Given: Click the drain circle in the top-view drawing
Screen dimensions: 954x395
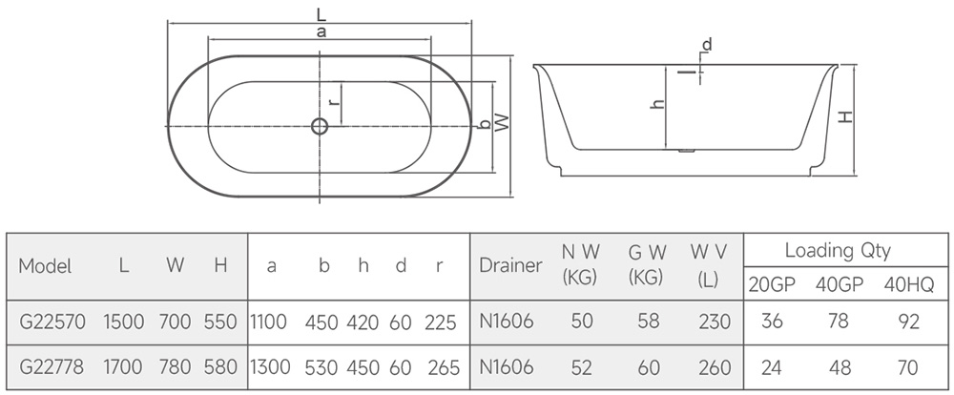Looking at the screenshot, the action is (320, 126).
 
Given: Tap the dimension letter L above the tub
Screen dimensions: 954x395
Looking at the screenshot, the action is (321, 14).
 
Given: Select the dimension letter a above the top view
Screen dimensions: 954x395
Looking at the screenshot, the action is (321, 32).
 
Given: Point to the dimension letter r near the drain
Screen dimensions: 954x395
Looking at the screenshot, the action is (332, 103).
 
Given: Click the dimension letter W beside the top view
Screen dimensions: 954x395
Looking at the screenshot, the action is (502, 122).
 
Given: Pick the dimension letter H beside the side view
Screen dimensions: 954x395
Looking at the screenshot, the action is (845, 116).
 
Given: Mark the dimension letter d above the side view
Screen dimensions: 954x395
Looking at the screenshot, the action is (706, 45).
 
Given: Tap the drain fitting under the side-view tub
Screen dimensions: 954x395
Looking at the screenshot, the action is (686, 151).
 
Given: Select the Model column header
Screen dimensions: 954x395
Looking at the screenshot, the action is (45, 266).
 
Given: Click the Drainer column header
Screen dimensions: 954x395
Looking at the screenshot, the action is (510, 265).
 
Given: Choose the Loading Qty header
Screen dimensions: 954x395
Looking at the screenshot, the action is (838, 250).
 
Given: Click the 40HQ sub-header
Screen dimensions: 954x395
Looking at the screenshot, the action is (908, 285).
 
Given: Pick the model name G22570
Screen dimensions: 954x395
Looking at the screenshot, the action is (52, 322).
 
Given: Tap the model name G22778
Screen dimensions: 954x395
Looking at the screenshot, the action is (52, 367).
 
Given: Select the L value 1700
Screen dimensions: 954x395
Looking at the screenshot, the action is (123, 367).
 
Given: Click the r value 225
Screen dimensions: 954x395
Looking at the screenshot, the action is (441, 322).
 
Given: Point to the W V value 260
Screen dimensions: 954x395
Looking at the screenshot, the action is (715, 367).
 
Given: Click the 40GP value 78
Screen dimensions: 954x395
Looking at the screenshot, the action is (839, 322).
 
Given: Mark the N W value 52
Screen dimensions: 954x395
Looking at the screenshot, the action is (582, 367).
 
